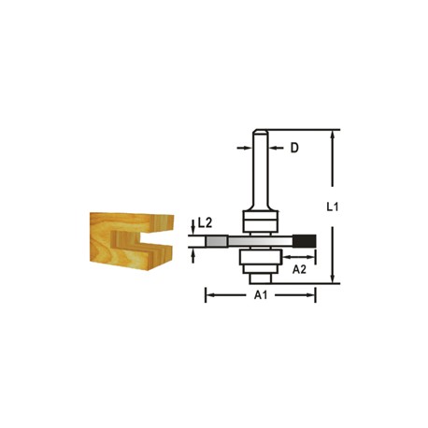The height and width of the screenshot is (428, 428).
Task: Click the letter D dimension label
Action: tap(294, 148)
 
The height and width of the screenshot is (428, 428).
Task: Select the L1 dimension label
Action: tap(332, 207)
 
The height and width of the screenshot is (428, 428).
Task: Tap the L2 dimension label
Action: tap(205, 222)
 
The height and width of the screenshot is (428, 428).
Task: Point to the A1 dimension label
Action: tap(261, 294)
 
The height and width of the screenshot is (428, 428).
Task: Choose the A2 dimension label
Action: tap(299, 269)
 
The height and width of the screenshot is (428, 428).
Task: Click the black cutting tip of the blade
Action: tap(305, 241)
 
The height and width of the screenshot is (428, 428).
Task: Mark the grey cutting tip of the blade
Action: tap(216, 241)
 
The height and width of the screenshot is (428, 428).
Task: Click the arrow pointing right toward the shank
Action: tap(244, 148)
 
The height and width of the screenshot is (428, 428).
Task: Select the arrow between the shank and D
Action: tap(276, 148)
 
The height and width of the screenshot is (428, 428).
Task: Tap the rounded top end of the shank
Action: tap(260, 132)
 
